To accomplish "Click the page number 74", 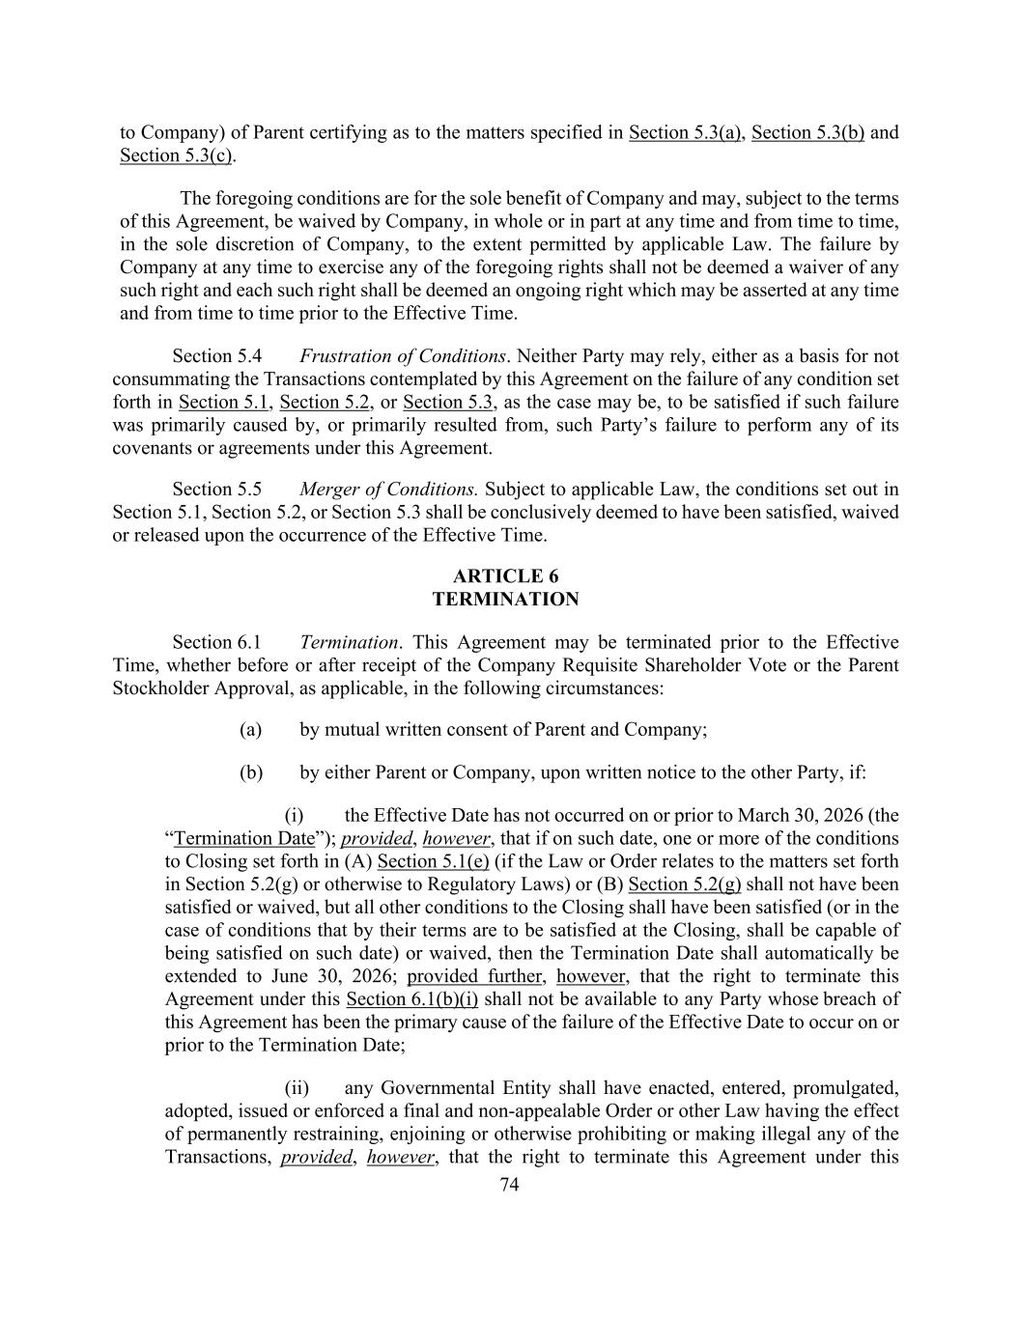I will pyautogui.click(x=509, y=1186).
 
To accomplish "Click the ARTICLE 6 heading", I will pyautogui.click(x=505, y=576).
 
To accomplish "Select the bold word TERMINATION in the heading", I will pyautogui.click(x=505, y=600).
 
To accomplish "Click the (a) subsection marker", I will pyautogui.click(x=250, y=729).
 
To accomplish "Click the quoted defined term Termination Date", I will pyautogui.click(x=244, y=838).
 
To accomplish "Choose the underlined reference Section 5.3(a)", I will pyautogui.click(x=685, y=132).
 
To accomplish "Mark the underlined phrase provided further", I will pyautogui.click(x=474, y=976).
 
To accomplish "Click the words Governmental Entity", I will pyautogui.click(x=450, y=1088).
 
